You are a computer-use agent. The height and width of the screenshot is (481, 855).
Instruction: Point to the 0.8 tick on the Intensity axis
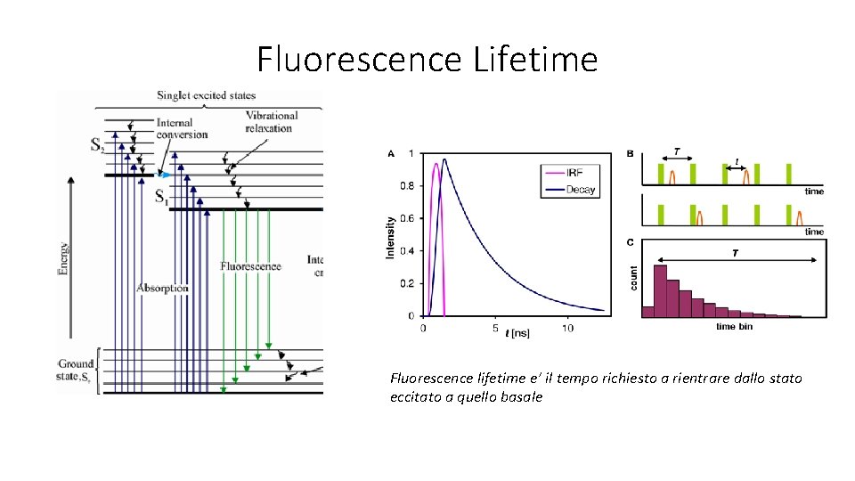point(405,186)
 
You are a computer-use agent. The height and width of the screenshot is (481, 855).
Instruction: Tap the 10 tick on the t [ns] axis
point(567,329)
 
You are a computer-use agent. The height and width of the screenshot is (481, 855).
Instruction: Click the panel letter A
point(391,154)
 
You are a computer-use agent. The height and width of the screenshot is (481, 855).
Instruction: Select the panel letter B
point(631,153)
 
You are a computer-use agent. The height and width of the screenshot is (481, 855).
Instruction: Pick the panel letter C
point(631,241)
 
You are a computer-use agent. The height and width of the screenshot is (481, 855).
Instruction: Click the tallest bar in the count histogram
point(661,290)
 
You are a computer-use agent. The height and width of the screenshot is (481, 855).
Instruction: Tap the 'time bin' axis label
point(735,327)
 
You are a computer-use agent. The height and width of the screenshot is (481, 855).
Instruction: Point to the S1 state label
point(161,197)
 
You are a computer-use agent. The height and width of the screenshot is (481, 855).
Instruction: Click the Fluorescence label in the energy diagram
point(250,266)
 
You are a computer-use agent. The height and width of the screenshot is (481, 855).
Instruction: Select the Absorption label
point(162,289)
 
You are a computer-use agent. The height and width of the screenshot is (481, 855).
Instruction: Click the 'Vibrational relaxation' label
point(271,122)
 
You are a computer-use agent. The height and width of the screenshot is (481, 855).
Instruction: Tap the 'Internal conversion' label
point(181,128)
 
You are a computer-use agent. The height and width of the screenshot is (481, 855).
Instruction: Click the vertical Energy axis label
point(63,258)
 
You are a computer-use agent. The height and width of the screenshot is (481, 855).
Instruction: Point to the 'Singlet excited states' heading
point(206,95)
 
